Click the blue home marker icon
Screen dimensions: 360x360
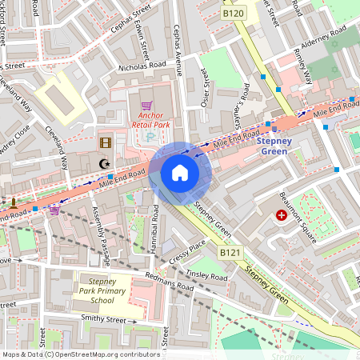180,172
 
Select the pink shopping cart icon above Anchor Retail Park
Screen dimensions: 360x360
146,106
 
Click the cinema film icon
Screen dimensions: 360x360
106,143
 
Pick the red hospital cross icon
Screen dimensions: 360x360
281,215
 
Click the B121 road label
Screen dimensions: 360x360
230,254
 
